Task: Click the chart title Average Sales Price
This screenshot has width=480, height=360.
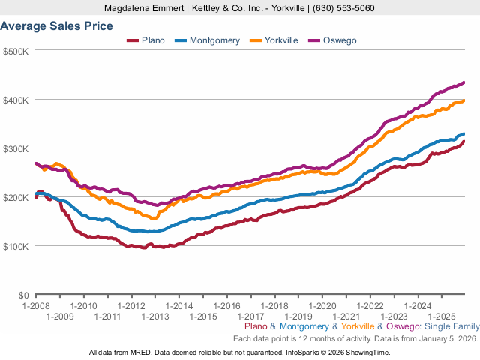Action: click(x=57, y=26)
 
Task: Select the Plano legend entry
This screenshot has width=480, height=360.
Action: click(x=148, y=40)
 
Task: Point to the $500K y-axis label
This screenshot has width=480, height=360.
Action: click(x=16, y=51)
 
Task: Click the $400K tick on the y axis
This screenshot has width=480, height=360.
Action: click(x=16, y=100)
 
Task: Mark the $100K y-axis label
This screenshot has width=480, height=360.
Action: click(x=16, y=246)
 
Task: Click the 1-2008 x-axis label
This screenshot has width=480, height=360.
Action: click(x=35, y=306)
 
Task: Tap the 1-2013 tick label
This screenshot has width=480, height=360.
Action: click(x=155, y=316)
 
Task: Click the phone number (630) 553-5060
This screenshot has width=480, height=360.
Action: click(x=344, y=8)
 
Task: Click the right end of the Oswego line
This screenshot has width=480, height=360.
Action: click(x=463, y=82)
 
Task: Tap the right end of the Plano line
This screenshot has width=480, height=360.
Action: click(x=463, y=142)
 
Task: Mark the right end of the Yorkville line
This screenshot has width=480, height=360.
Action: click(x=463, y=100)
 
